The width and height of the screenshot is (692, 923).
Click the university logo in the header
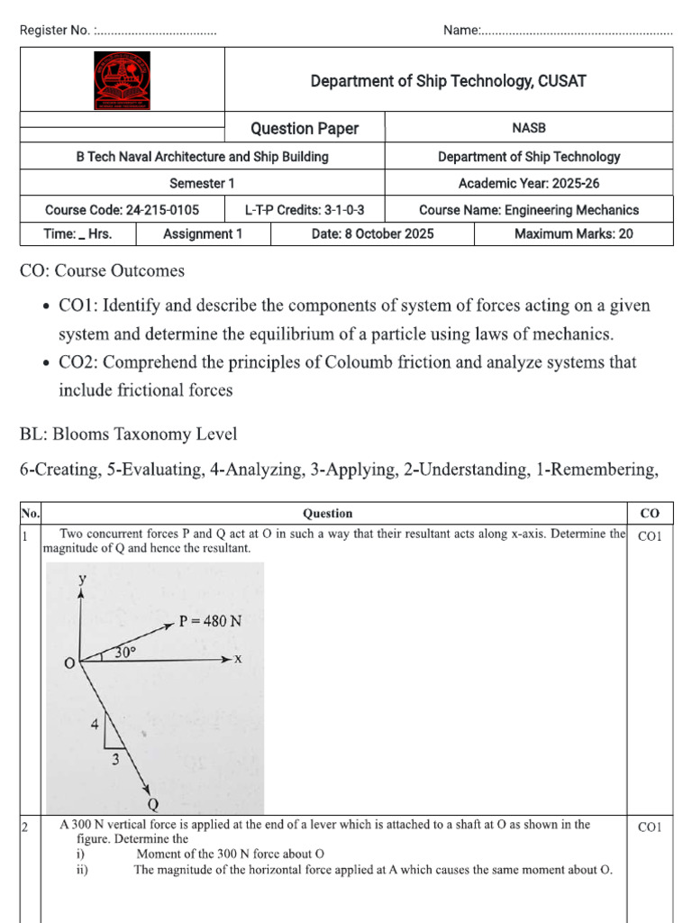point(123,80)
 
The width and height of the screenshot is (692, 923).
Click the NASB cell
point(528,128)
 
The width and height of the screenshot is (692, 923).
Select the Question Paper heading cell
point(304,128)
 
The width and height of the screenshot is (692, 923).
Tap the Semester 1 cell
point(202,183)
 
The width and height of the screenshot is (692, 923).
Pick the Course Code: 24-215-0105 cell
point(122,210)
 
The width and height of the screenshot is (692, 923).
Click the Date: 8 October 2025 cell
point(372,233)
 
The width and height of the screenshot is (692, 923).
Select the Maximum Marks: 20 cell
point(573,233)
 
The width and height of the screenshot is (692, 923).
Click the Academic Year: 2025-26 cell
point(529,183)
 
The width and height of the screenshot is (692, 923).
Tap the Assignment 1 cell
point(203,233)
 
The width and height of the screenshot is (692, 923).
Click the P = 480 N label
point(209,620)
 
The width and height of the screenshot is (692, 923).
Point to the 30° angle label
point(125,651)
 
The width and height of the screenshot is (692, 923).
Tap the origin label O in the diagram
point(68,664)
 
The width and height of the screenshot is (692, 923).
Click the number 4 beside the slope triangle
point(94,723)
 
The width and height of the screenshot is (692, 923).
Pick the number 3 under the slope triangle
point(114,760)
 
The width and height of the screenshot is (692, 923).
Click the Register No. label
point(55,31)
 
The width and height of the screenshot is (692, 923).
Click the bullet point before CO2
point(46,363)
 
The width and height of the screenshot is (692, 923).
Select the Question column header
point(327,513)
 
